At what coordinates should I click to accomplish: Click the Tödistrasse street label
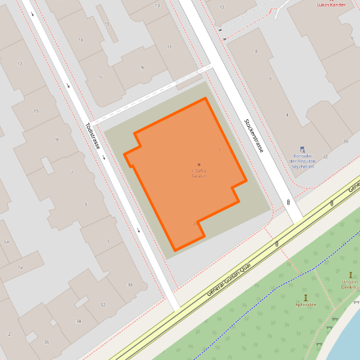92,136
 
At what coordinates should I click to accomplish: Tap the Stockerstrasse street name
253,135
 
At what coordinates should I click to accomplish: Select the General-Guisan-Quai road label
232,274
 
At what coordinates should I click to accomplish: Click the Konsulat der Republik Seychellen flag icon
302,150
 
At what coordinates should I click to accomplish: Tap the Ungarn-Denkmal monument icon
351,275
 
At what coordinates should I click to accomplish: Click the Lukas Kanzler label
331,5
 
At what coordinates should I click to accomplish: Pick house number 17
20,64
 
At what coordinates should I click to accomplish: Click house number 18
81,40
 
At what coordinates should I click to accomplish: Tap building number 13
157,5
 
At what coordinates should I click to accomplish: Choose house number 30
130,284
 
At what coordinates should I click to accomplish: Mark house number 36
46,342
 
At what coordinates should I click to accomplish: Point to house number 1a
20,268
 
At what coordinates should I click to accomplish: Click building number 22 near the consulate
325,158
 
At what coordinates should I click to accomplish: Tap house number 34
79,321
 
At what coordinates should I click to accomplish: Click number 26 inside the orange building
195,223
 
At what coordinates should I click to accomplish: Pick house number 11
169,47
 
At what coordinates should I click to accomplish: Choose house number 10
221,7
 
